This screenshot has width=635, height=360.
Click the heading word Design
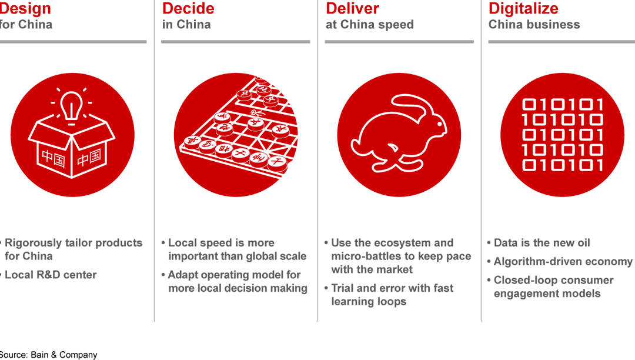(x=25, y=9)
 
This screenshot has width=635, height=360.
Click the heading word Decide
(x=188, y=9)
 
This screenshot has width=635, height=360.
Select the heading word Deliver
(x=353, y=9)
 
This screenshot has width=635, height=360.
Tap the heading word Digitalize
(x=523, y=9)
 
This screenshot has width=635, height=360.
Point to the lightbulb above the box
(x=72, y=106)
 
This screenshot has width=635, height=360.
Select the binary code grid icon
(x=562, y=135)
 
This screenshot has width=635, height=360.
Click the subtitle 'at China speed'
(x=370, y=25)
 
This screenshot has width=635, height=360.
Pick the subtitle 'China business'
(x=534, y=25)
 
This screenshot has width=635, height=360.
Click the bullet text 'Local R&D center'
(x=51, y=275)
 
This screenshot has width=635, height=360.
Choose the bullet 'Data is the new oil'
(x=542, y=243)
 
